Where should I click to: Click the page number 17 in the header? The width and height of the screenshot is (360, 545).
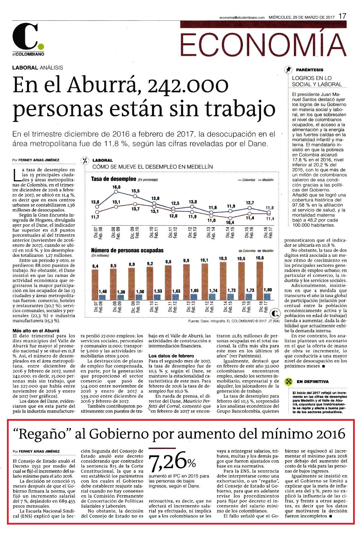pyautogui.click(x=342, y=16)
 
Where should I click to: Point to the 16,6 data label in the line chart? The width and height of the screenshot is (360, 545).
pyautogui.click(x=116, y=187)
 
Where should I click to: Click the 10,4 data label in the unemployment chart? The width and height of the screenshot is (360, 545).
pyautogui.click(x=230, y=222)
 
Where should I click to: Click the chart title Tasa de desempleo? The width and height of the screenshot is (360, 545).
pyautogui.click(x=114, y=179)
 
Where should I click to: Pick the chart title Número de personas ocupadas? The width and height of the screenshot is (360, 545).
pyautogui.click(x=127, y=251)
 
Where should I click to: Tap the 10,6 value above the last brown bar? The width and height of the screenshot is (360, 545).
pyautogui.click(x=260, y=258)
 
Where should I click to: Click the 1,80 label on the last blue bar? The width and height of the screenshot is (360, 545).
pyautogui.click(x=268, y=290)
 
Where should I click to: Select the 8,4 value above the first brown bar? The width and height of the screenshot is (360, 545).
pyautogui.click(x=95, y=266)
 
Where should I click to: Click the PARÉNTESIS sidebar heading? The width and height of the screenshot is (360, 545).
pyautogui.click(x=309, y=70)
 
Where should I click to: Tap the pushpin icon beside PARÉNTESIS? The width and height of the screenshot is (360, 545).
pyautogui.click(x=288, y=70)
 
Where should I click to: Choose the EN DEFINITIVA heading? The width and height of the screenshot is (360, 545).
pyautogui.click(x=313, y=381)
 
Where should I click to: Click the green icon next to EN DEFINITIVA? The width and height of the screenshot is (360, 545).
pyautogui.click(x=288, y=382)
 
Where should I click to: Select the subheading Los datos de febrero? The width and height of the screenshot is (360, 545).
pyautogui.click(x=171, y=356)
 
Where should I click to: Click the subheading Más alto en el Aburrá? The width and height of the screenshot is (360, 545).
pyautogui.click(x=36, y=331)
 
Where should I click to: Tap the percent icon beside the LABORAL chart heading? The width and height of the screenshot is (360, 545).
pyautogui.click(x=85, y=160)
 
